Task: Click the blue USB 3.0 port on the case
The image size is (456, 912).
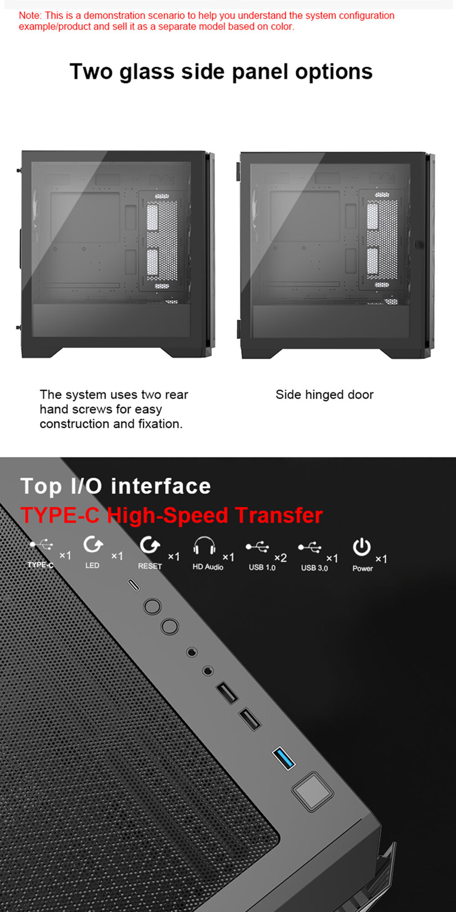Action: tap(284, 758)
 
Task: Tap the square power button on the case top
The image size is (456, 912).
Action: tap(312, 791)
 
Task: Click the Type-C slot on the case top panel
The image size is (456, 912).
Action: tap(133, 585)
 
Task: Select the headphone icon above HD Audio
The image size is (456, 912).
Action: tap(204, 545)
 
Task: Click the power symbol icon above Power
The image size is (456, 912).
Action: tap(362, 547)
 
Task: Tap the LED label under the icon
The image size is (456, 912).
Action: tap(92, 565)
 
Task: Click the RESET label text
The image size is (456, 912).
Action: tap(150, 566)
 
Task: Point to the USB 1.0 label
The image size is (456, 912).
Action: tap(262, 567)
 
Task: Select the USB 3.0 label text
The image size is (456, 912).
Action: tap(314, 568)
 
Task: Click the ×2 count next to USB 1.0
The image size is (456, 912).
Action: tap(280, 558)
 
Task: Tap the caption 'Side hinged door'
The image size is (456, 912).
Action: tap(324, 394)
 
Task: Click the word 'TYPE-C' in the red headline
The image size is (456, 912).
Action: tap(60, 515)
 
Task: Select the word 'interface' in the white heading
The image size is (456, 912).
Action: tap(161, 486)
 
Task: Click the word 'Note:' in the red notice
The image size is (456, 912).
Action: tap(30, 16)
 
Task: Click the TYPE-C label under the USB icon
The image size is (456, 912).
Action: tap(41, 565)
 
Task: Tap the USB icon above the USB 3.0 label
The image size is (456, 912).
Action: tap(310, 547)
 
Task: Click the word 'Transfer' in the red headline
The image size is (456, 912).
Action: tap(279, 515)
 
